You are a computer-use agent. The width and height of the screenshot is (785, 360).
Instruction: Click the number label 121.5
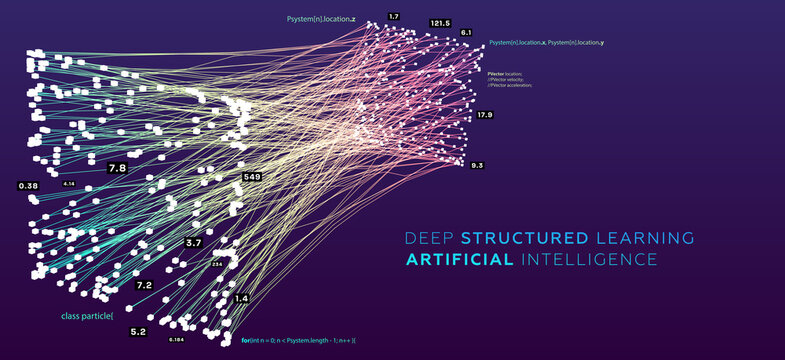click(440, 23)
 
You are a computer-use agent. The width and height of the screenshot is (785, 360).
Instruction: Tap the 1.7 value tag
click(394, 17)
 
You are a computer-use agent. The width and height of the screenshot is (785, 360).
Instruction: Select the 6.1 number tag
click(466, 33)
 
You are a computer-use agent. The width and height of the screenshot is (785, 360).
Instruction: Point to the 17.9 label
click(485, 115)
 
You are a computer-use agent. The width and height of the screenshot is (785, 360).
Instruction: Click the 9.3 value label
click(477, 165)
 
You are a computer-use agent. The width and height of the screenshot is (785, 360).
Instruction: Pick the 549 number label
click(252, 177)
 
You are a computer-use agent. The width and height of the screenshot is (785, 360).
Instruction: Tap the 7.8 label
click(117, 169)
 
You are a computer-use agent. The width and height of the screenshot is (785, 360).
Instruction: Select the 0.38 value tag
click(28, 186)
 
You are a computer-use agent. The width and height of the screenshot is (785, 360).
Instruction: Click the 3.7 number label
click(194, 243)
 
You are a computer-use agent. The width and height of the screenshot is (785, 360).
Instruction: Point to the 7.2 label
click(144, 285)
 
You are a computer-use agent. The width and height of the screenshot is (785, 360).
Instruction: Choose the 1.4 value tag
click(241, 299)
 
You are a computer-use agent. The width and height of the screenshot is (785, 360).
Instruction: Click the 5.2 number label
click(137, 331)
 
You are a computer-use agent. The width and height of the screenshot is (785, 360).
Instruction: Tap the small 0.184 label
click(176, 340)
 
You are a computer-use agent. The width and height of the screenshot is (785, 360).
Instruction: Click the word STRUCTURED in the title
click(524, 238)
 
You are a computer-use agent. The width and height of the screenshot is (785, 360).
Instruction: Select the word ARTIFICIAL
click(460, 260)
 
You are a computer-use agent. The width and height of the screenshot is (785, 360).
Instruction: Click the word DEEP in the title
click(428, 238)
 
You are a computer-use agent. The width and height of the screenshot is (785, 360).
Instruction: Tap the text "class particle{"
click(87, 316)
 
